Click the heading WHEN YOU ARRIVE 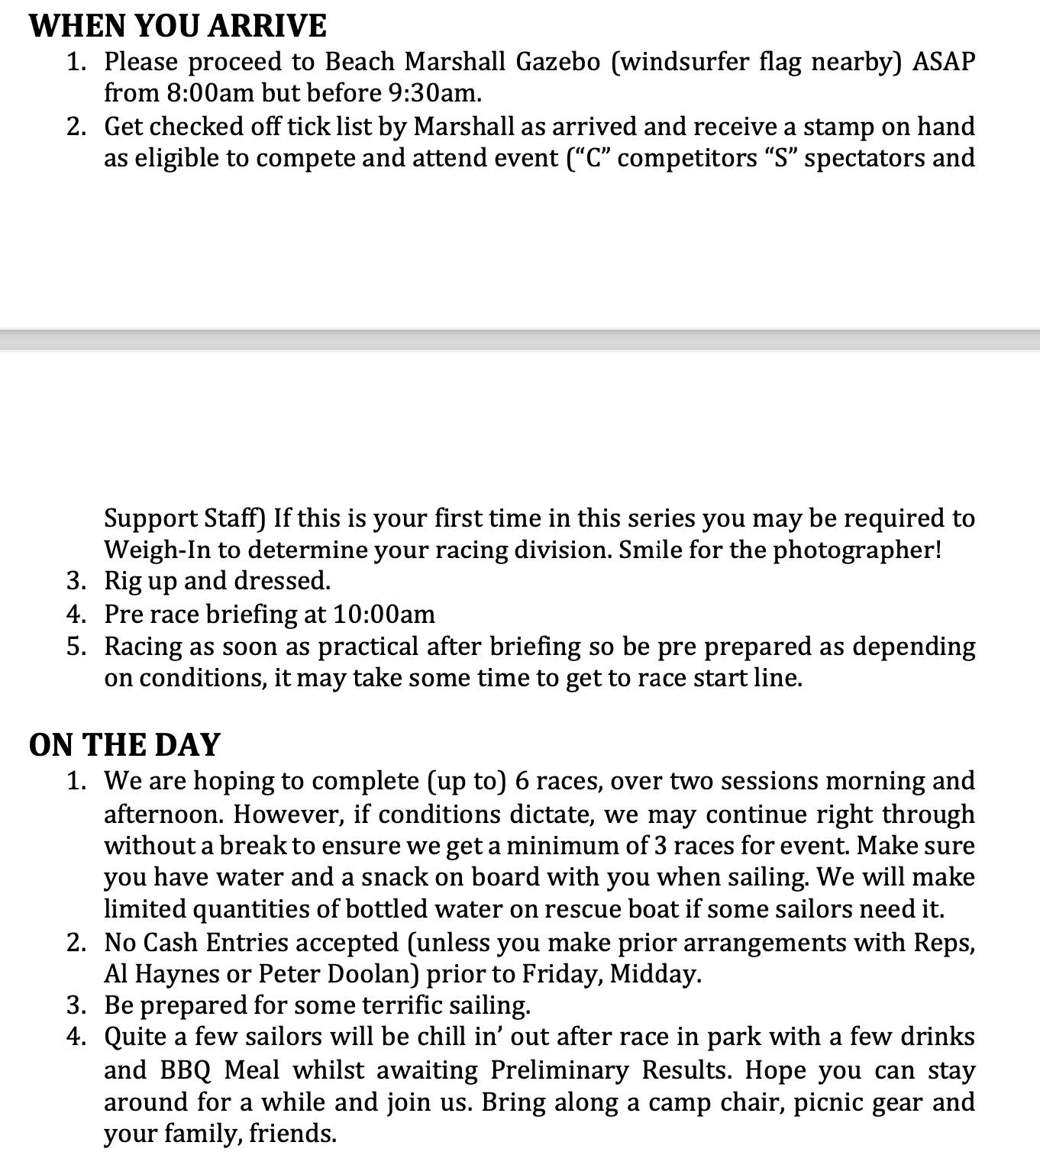pyautogui.click(x=177, y=26)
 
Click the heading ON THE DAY pyautogui.click(x=124, y=744)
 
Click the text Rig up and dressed pyautogui.click(x=218, y=581)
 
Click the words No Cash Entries pyautogui.click(x=197, y=943)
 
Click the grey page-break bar pyautogui.click(x=520, y=340)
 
